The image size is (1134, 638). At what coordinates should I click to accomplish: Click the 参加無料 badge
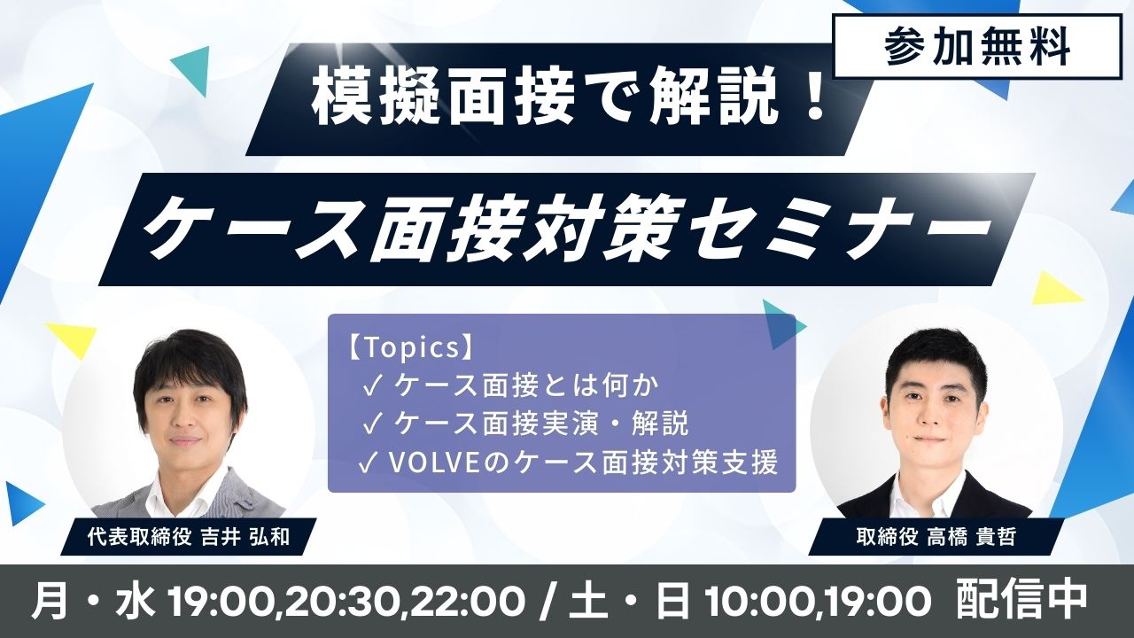pyautogui.click(x=977, y=47)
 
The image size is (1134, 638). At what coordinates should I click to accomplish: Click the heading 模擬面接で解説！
pyautogui.click(x=568, y=100)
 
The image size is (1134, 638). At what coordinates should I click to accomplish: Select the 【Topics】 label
pyautogui.click(x=410, y=348)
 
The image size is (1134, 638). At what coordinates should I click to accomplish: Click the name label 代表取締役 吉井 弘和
pyautogui.click(x=189, y=537)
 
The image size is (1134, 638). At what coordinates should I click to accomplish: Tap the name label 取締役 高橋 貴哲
pyautogui.click(x=936, y=537)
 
